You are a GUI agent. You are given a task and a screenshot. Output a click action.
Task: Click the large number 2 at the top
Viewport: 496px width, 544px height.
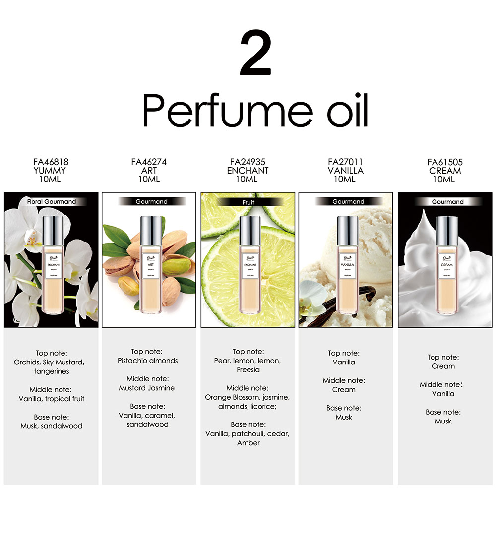pyautogui.click(x=255, y=53)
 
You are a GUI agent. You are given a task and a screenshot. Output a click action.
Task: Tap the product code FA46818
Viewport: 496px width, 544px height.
pyautogui.click(x=51, y=162)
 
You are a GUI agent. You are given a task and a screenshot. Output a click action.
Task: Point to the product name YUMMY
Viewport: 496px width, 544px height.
pyautogui.click(x=51, y=171)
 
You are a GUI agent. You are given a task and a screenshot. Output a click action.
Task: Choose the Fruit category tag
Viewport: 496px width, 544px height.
pyautogui.click(x=248, y=202)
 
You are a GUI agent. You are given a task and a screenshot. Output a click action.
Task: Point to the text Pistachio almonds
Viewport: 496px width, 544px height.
pyautogui.click(x=148, y=361)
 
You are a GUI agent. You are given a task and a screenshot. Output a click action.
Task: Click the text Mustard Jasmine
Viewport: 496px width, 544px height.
pyautogui.click(x=147, y=388)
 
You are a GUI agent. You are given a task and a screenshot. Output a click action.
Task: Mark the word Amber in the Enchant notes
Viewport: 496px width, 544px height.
pyautogui.click(x=248, y=443)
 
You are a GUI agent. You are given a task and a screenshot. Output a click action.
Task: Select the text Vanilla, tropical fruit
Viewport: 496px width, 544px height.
pyautogui.click(x=52, y=399)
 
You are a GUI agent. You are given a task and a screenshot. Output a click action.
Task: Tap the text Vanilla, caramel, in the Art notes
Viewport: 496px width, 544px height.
pyautogui.click(x=147, y=416)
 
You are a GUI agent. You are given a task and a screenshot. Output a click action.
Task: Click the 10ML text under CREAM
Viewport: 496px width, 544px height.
pyautogui.click(x=444, y=180)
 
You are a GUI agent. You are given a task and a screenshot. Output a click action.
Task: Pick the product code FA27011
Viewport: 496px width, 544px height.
pyautogui.click(x=345, y=162)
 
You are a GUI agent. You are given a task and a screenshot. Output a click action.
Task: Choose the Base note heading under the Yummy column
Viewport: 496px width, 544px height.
pyautogui.click(x=51, y=417)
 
